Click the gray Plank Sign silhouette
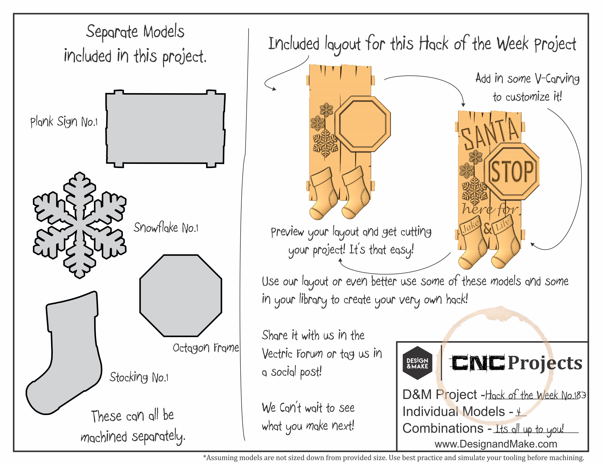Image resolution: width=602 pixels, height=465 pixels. [165, 129]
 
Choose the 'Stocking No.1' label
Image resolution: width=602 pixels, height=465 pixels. [139, 377]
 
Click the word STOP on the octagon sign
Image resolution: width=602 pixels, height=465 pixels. [512, 171]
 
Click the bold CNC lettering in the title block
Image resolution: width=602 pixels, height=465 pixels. [478, 363]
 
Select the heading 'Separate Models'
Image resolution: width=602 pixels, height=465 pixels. [135, 32]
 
